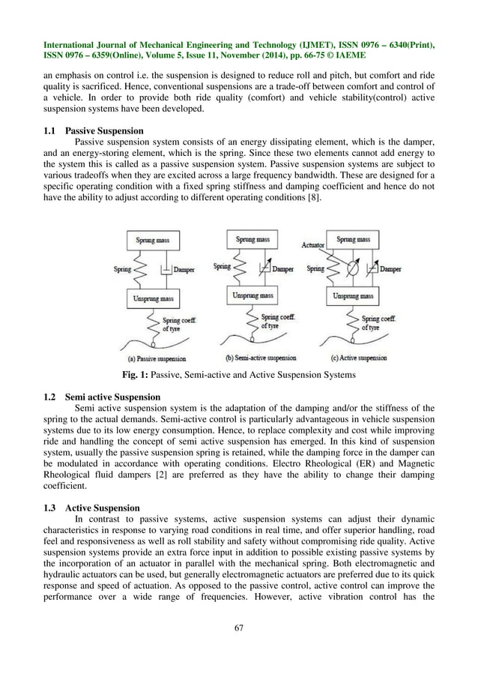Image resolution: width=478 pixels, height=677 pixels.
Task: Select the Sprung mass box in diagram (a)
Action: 157,240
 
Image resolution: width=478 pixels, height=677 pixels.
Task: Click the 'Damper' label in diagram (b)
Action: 282,268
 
